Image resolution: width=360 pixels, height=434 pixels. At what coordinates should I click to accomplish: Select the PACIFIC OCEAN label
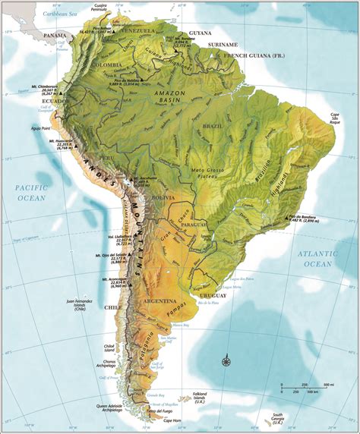30,192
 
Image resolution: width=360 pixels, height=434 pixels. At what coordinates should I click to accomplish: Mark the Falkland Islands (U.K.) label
201,397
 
